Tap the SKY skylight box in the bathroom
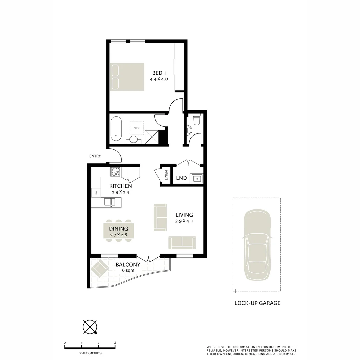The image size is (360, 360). (137, 128)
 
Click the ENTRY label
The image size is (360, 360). (95, 156)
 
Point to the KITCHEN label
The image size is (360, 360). (121, 186)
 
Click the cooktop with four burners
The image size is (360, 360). (116, 171)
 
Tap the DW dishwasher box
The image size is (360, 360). (96, 193)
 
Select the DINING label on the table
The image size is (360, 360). (119, 229)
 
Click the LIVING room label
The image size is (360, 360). (184, 215)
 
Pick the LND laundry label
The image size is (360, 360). (181, 178)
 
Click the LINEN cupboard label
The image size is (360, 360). (166, 175)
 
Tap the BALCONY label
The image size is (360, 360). (128, 265)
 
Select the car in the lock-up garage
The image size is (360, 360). (257, 245)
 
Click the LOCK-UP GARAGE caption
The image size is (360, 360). (257, 303)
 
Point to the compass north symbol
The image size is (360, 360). (90, 327)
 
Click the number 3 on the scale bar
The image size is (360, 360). (115, 343)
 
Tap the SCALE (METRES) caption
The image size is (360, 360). (90, 353)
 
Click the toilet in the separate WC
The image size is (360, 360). (196, 119)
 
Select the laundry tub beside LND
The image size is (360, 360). (196, 179)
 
